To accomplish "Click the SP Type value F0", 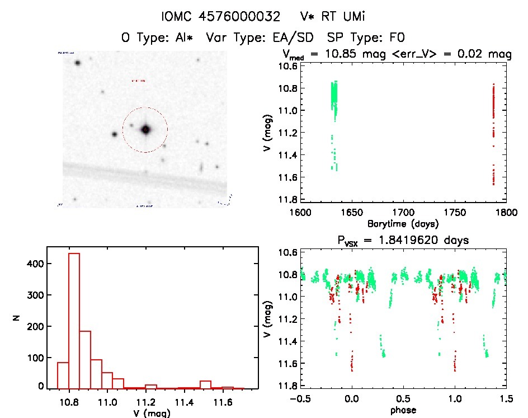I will (395, 38).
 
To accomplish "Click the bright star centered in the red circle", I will (146, 129).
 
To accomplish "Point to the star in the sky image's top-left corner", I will (77, 63).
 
